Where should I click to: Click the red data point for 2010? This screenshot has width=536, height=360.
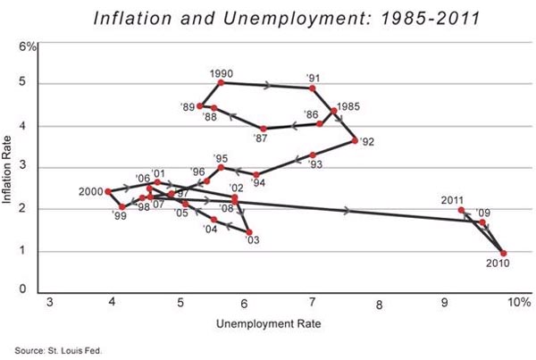[504, 254]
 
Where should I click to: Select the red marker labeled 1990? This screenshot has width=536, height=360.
[221, 83]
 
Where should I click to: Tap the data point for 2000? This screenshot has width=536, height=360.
[108, 191]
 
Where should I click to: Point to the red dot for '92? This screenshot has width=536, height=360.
[356, 140]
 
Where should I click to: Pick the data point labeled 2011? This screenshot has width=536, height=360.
[461, 210]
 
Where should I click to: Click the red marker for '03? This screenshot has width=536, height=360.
[248, 232]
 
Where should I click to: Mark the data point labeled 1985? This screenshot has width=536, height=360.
[334, 111]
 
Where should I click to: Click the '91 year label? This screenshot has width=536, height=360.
[313, 76]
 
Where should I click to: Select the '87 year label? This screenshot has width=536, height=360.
[262, 139]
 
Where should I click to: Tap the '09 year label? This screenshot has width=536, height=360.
[484, 213]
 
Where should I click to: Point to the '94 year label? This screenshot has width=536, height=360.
[258, 184]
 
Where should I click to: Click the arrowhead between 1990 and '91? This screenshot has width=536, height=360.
[268, 86]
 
